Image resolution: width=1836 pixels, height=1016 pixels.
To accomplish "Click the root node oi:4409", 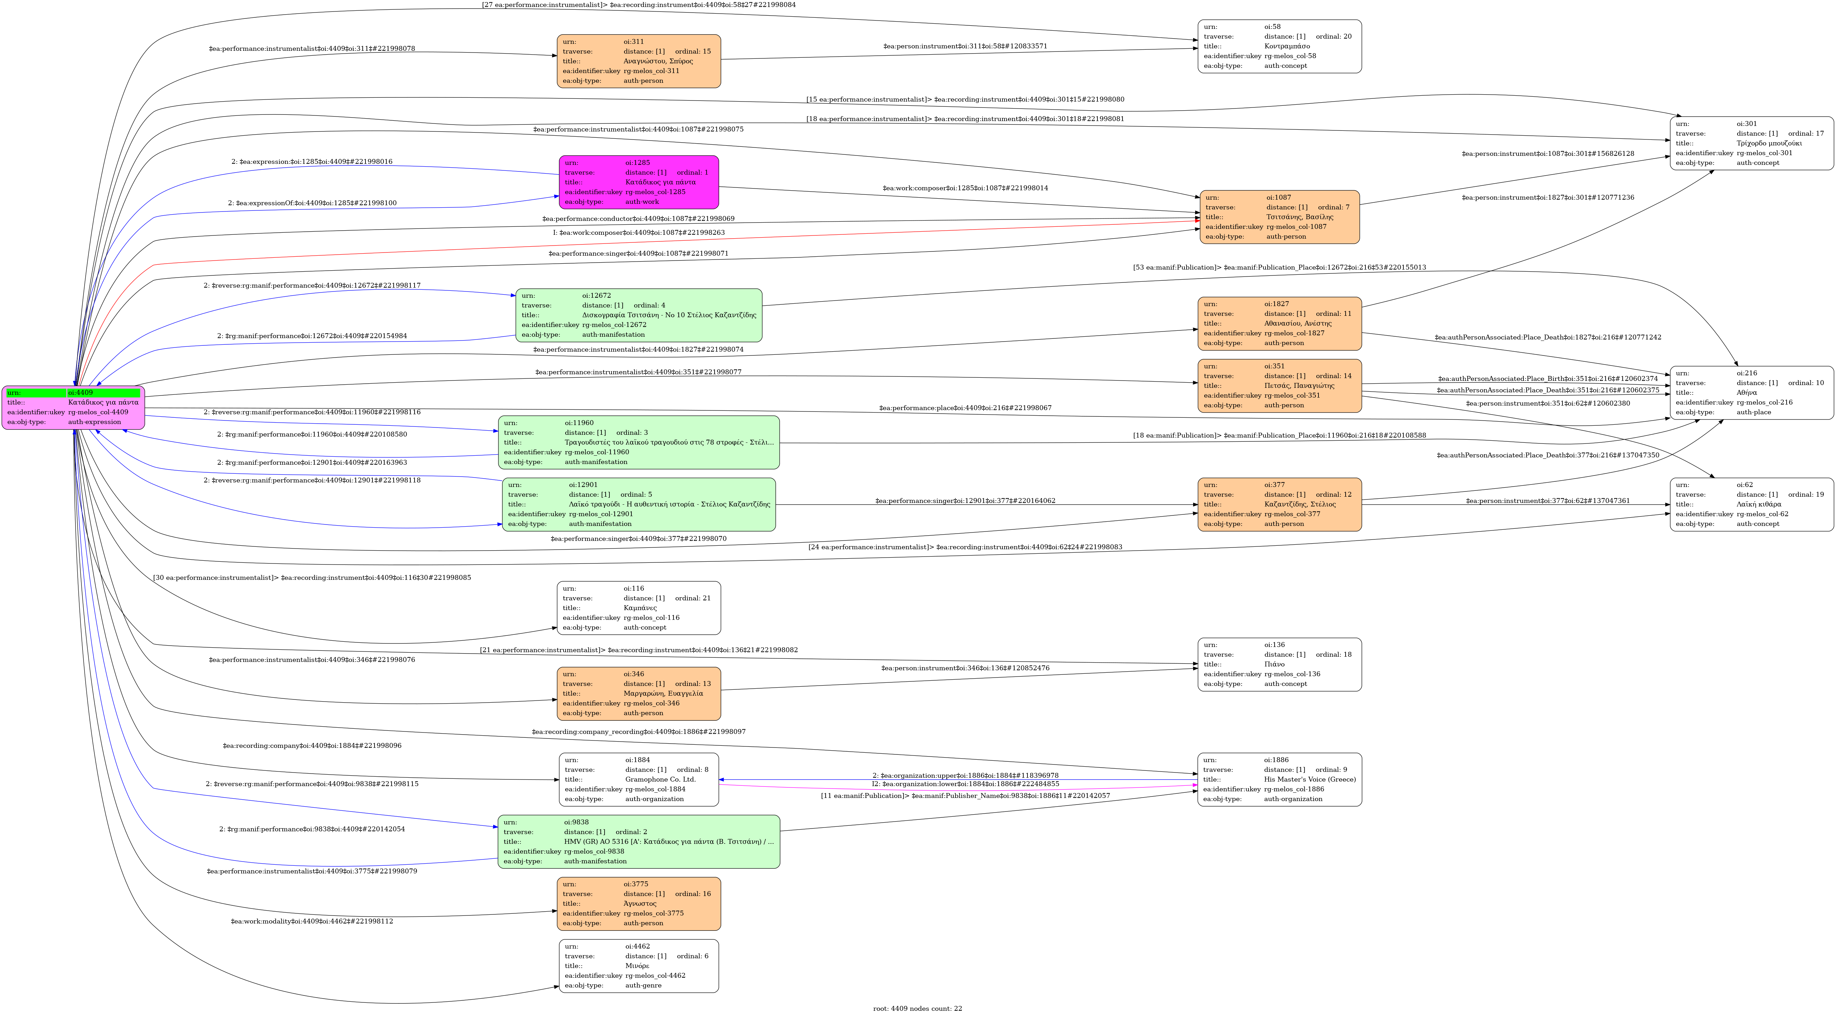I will tap(73, 408).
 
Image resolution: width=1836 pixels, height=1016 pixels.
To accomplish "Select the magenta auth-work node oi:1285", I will tap(639, 182).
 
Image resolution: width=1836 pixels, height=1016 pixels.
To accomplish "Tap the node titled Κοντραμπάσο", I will tap(1279, 46).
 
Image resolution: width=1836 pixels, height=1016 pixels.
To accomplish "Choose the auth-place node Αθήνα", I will tap(1751, 393).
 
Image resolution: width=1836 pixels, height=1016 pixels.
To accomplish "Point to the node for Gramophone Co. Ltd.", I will tap(639, 779).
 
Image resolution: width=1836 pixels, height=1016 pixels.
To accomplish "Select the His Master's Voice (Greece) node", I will tap(1279, 779).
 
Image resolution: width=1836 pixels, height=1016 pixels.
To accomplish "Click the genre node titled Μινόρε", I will tap(639, 966).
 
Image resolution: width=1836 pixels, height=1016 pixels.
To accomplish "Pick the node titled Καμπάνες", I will tap(639, 608).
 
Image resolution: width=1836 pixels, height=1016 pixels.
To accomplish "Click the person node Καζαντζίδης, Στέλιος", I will tap(1279, 504).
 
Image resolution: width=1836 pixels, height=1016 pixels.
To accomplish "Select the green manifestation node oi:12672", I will tap(639, 315).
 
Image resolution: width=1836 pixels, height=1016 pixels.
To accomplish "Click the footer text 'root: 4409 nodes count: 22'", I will tap(917, 1008).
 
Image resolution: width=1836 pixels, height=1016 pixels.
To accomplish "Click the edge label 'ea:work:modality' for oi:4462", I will tap(312, 921).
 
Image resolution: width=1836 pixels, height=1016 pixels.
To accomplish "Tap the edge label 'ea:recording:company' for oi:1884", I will tap(312, 746).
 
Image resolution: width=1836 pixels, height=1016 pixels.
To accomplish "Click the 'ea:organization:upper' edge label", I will tap(965, 775).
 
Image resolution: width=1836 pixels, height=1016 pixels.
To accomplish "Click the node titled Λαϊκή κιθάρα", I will tap(1751, 504).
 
